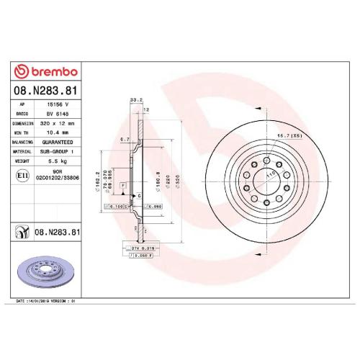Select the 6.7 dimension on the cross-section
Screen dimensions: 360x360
[x=124, y=139]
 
